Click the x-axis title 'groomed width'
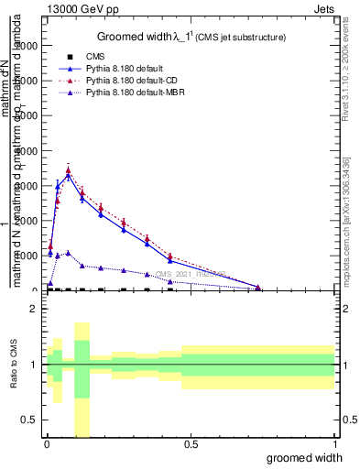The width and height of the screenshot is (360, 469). [305, 457]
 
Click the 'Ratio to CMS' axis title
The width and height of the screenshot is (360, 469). [14, 364]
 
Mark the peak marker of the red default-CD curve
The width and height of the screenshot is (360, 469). [68, 169]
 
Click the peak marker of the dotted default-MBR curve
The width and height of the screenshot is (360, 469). [68, 253]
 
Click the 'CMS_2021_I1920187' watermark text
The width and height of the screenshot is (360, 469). [191, 273]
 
